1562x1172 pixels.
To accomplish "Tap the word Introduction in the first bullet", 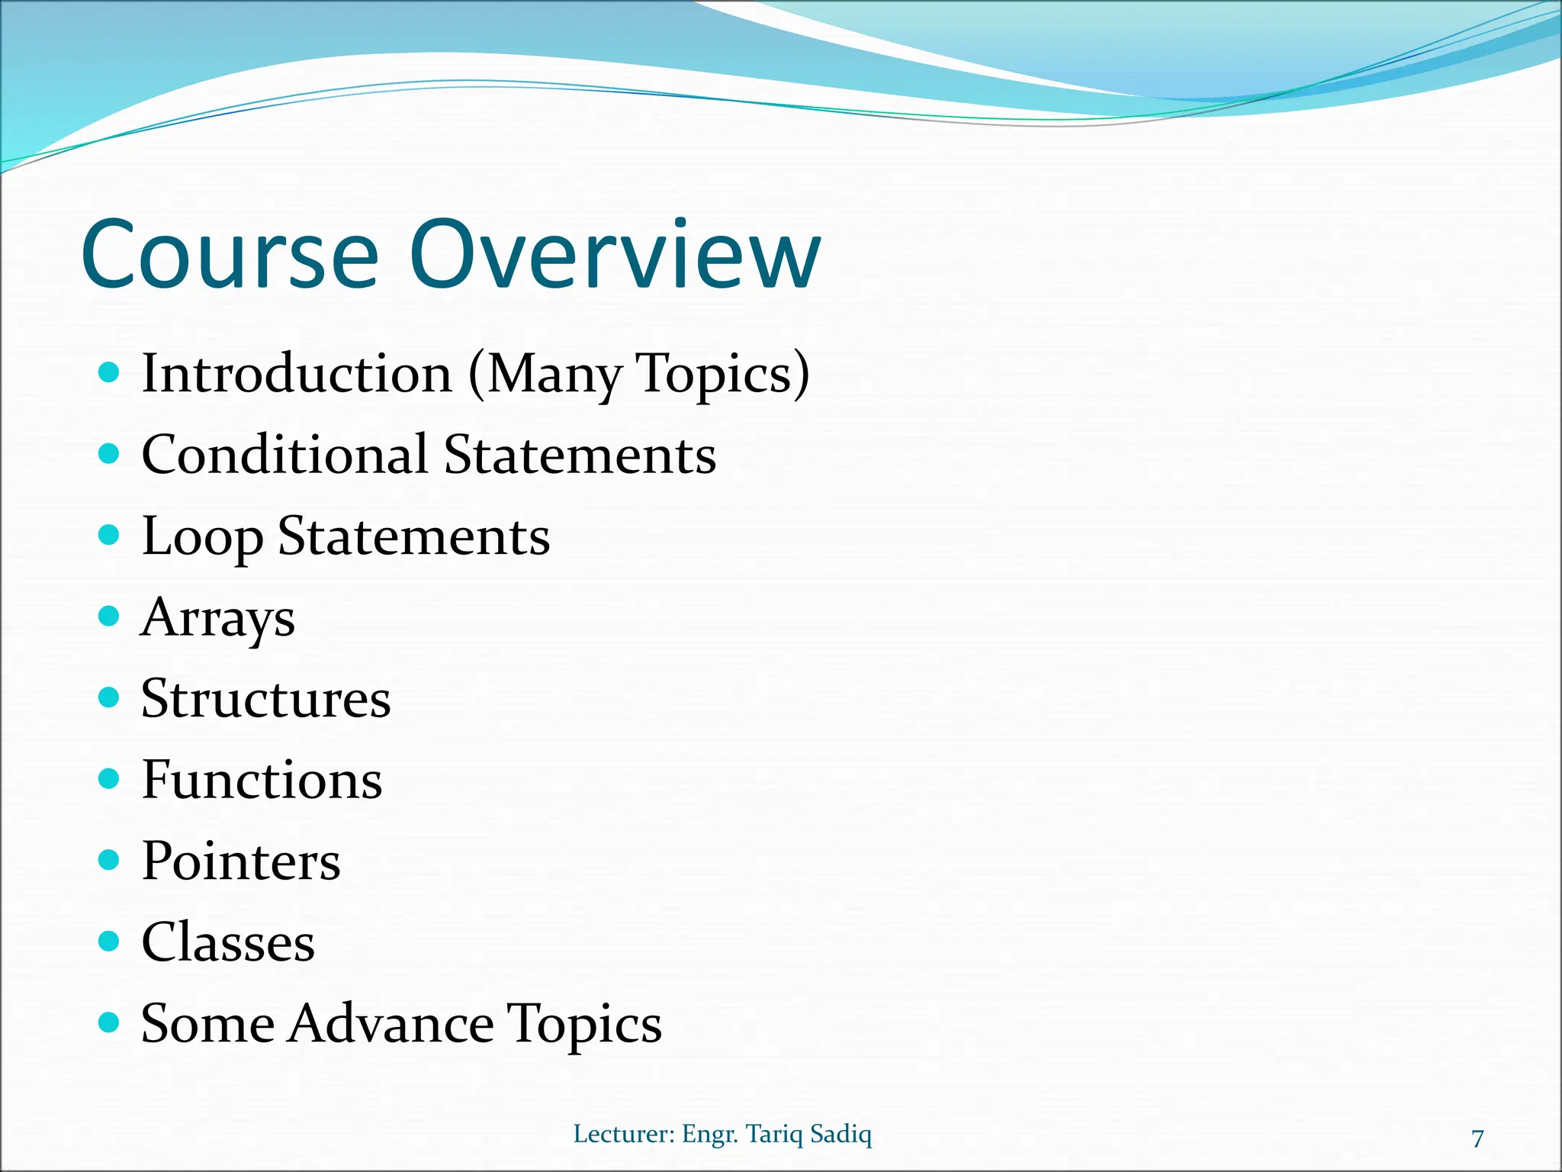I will pos(297,374).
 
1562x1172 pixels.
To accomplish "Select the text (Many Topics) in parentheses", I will pos(638,374).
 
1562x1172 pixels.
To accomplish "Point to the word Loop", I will pos(201,537).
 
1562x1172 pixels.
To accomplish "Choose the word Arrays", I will pos(218,618).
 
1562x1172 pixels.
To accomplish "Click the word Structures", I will pos(265,699).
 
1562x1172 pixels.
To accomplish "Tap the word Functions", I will pos(262,780).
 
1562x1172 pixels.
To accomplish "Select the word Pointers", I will pos(240,861).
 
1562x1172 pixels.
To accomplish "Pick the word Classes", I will pos(227,942).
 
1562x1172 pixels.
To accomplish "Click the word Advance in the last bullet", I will pos(390,1023).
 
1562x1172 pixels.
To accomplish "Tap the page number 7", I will pos(1477,1138).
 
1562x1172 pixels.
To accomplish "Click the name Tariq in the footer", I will pos(773,1134).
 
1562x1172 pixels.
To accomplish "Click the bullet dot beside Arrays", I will pos(110,616).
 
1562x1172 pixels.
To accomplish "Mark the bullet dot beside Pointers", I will pos(110,860).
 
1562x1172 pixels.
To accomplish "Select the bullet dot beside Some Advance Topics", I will pos(110,1022).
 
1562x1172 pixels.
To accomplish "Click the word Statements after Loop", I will pos(413,536).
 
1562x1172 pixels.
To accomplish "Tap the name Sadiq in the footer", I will pos(840,1134).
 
